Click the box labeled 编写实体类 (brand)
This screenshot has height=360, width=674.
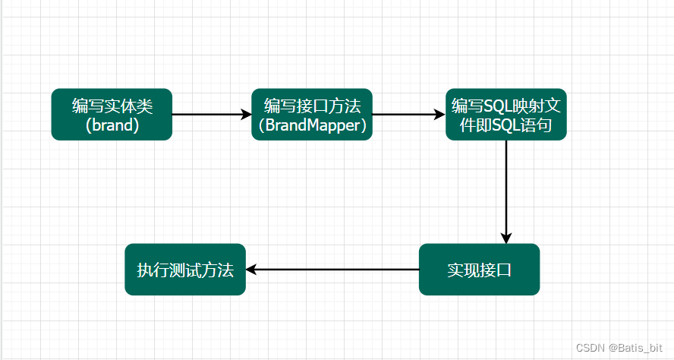pos(112,115)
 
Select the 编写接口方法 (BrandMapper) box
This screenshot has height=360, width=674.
pos(312,115)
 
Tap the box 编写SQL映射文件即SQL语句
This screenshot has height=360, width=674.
pos(506,115)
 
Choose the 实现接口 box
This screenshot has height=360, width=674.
pos(479,270)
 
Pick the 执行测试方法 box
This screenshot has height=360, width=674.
pos(185,270)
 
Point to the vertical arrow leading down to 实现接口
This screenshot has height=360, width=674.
pos(506,190)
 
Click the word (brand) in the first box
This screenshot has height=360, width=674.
pos(112,125)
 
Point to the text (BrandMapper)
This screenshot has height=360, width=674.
pos(312,125)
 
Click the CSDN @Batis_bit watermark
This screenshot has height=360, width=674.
pos(619,347)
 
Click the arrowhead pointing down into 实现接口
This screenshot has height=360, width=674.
pos(506,238)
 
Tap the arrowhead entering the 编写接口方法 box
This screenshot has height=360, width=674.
pos(246,115)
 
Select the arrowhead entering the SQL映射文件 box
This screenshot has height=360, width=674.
pos(440,115)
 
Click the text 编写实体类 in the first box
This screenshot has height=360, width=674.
pos(112,105)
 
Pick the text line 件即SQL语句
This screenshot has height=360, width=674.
pos(506,125)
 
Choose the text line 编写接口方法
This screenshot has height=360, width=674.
pos(312,105)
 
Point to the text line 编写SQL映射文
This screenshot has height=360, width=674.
pos(506,105)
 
